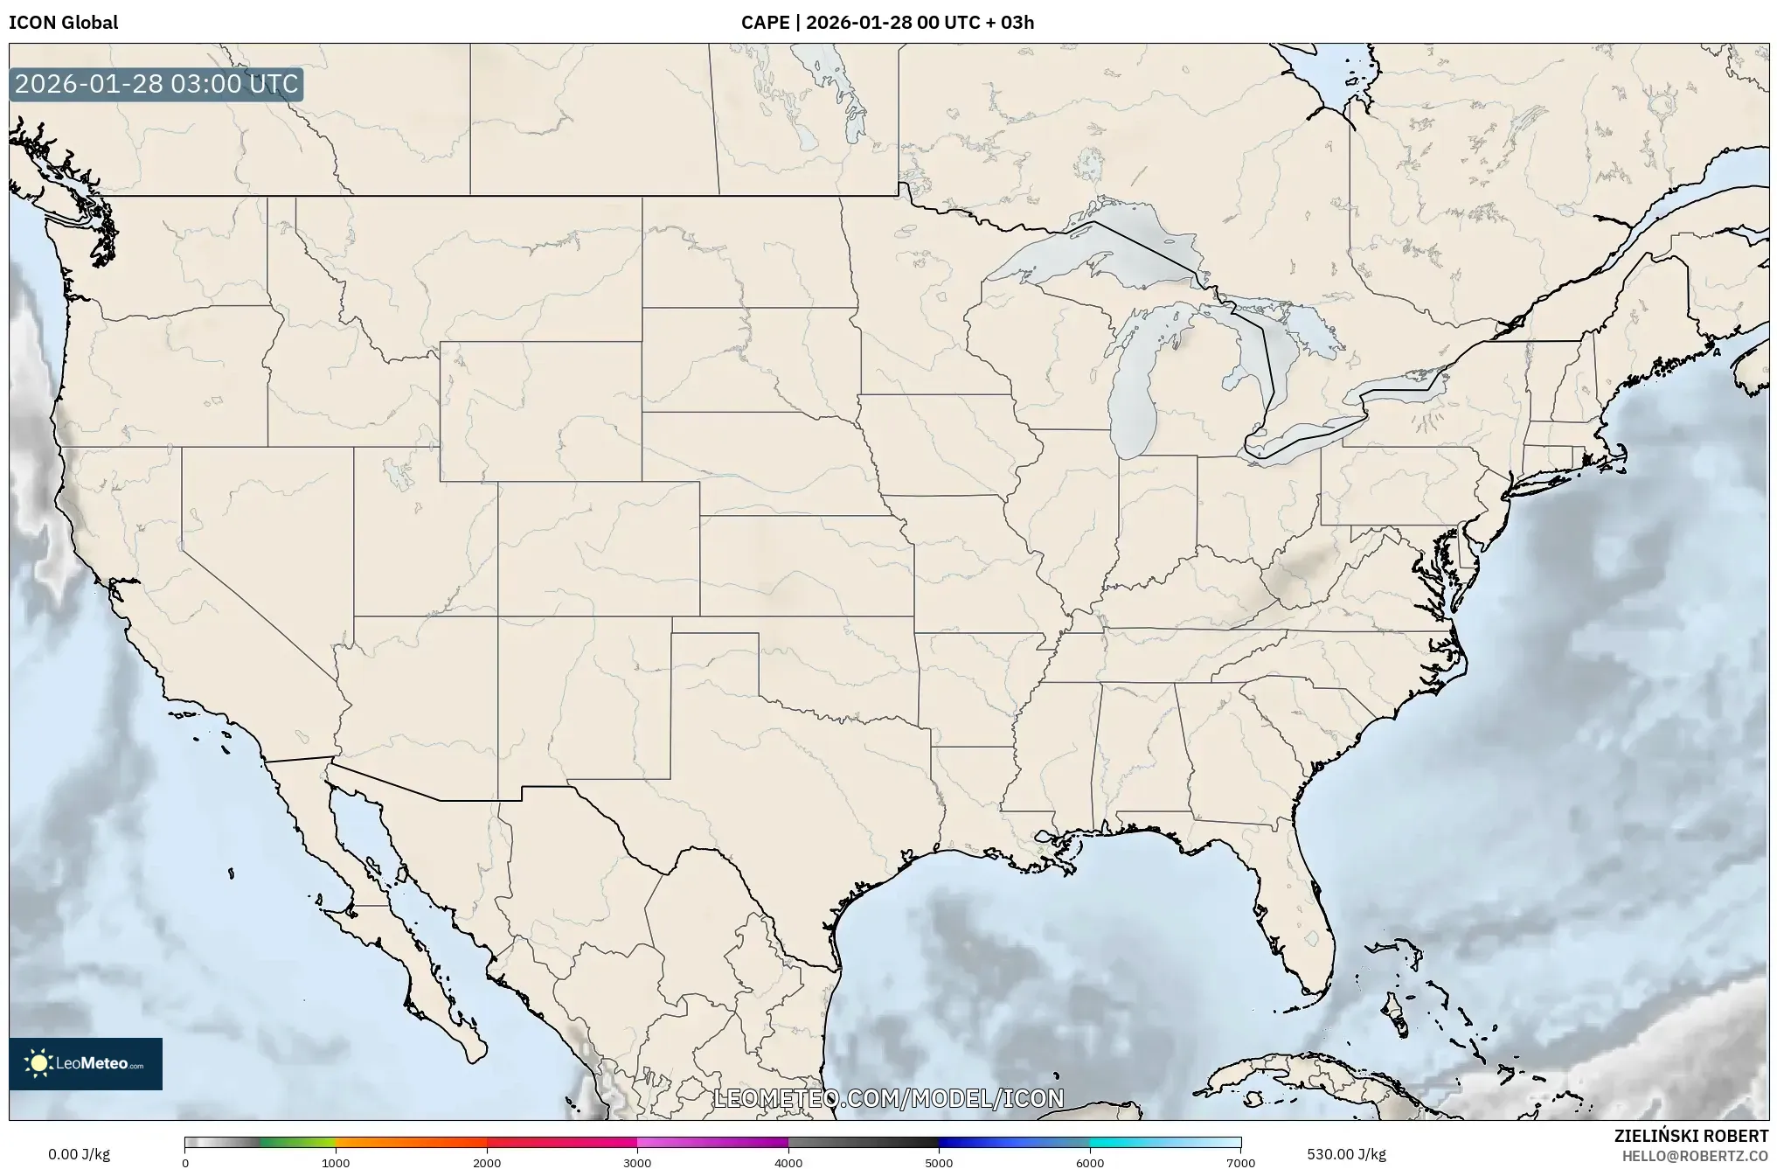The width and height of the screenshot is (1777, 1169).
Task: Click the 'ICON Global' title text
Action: click(63, 23)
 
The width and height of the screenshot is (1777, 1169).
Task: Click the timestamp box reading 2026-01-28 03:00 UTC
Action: click(156, 85)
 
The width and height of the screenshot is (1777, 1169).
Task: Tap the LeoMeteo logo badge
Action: click(86, 1063)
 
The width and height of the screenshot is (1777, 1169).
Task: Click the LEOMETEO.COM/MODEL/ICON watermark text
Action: click(888, 1098)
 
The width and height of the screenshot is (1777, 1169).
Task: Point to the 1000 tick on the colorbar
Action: click(336, 1163)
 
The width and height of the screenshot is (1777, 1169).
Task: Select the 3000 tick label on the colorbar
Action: click(637, 1163)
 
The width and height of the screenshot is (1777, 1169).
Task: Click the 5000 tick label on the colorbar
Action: click(939, 1163)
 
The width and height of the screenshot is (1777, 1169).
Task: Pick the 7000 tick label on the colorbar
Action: click(1240, 1163)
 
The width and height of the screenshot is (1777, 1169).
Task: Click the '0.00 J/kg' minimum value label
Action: click(79, 1154)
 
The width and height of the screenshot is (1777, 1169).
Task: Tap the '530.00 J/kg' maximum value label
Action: click(1346, 1154)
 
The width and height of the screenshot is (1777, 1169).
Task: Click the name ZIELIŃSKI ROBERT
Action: click(1690, 1136)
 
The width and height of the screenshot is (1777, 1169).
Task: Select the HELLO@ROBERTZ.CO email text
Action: click(1695, 1156)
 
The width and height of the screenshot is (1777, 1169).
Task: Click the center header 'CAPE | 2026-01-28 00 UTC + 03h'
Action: click(887, 23)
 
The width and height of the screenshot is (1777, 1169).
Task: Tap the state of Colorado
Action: click(599, 548)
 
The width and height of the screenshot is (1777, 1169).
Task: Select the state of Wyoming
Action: click(540, 411)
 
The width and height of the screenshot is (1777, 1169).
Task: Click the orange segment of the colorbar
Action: click(411, 1142)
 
